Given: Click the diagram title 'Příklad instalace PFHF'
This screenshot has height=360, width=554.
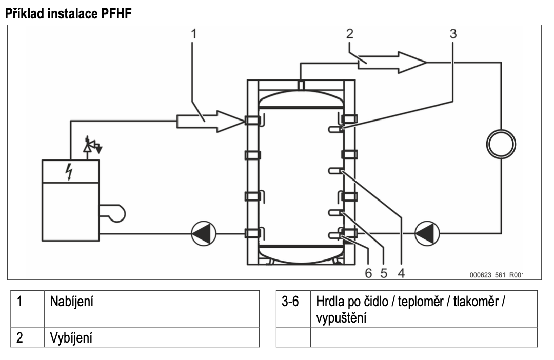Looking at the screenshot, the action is [x=68, y=13].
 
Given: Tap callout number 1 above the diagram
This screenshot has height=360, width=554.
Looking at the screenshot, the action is [x=193, y=34].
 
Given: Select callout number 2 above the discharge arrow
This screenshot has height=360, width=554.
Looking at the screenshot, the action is [x=349, y=34].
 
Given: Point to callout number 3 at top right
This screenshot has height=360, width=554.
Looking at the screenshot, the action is [x=453, y=34].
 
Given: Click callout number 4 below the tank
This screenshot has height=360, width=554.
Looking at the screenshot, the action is [x=401, y=273].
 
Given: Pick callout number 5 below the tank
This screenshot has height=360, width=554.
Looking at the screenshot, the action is [x=384, y=273].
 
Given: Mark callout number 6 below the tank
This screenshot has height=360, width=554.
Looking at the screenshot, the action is [x=368, y=273].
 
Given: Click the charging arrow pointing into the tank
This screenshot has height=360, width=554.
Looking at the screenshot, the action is [x=211, y=121].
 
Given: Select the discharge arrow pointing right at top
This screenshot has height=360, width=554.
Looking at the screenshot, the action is [x=392, y=63].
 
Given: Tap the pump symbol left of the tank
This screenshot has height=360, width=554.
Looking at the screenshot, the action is [x=204, y=233].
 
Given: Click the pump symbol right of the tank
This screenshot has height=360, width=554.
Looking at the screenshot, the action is [x=427, y=233].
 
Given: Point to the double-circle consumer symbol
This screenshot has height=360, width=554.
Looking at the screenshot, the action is [x=501, y=144].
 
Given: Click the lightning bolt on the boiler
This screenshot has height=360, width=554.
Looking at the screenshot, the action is [x=69, y=171].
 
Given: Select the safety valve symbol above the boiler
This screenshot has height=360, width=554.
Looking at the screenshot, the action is [x=92, y=145].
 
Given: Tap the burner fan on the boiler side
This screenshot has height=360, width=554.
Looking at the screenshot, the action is [x=112, y=213].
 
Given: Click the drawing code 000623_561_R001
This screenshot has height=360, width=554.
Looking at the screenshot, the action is [x=497, y=275].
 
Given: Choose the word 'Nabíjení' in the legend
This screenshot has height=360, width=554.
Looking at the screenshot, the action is [x=72, y=302].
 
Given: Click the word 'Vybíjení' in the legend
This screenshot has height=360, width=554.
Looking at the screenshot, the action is [x=71, y=338].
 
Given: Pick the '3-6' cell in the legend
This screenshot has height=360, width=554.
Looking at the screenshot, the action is [x=290, y=302].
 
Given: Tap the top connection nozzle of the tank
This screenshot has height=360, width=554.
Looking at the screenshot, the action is [x=301, y=85].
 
